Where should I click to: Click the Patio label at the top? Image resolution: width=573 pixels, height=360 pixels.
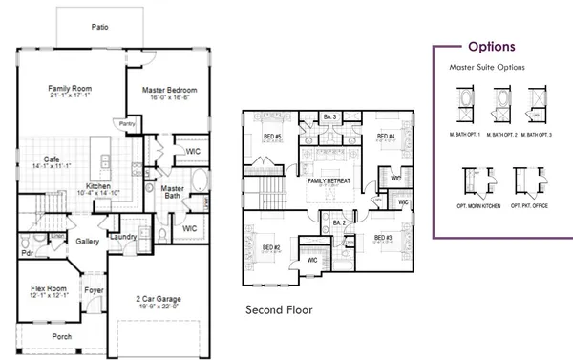point(98,27)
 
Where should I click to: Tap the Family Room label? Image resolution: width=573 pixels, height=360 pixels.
point(69,89)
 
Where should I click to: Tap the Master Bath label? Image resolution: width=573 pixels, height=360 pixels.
point(172,194)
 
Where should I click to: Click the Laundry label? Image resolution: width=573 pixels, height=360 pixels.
point(123,236)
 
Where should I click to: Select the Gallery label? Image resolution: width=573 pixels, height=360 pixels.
point(87,242)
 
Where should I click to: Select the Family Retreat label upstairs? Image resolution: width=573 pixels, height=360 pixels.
point(328,180)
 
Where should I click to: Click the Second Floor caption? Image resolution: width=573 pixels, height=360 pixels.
point(278,310)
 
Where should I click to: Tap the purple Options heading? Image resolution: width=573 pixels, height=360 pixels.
point(492,46)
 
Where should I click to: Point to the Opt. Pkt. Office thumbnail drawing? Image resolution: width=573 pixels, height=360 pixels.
point(521,180)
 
